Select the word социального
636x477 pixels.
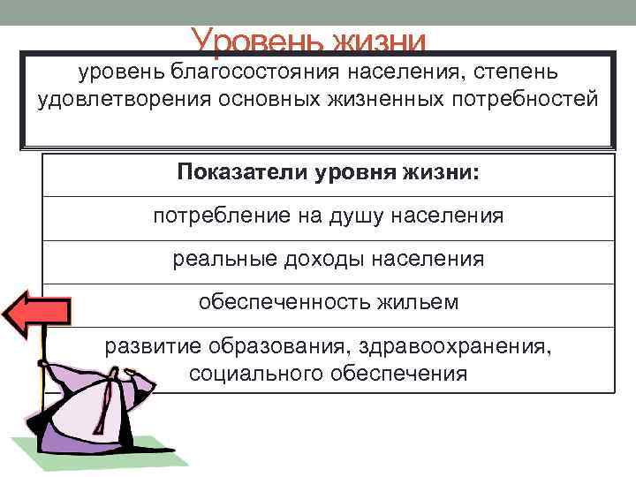point(256,373)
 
